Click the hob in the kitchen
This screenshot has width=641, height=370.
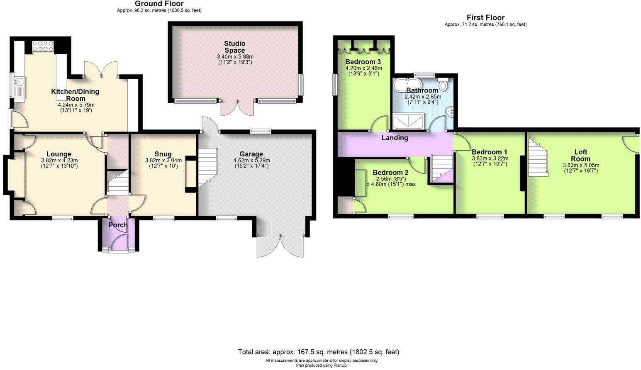pos(43,46)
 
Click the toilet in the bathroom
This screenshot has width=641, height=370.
pos(443,85)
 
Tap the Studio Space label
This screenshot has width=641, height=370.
pos(235,46)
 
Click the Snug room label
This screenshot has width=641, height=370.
pos(163,154)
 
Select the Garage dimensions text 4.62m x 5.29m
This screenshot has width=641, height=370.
pos(251,161)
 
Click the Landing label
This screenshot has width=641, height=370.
pos(395,138)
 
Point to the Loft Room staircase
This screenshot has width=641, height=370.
pos(538,158)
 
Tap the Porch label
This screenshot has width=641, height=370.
pos(118,225)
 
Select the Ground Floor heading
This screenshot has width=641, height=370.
pos(159,4)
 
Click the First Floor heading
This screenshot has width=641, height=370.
pos(485,17)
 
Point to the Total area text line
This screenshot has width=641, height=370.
pos(318,352)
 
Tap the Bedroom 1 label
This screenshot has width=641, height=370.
pos(489,152)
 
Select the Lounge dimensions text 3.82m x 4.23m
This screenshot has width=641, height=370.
pos(59,161)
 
